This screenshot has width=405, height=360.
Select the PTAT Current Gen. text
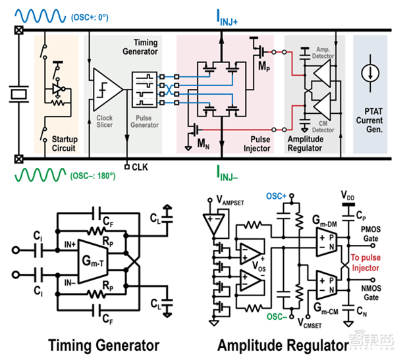click(x=369, y=120)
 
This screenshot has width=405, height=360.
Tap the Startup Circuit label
click(x=57, y=143)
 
